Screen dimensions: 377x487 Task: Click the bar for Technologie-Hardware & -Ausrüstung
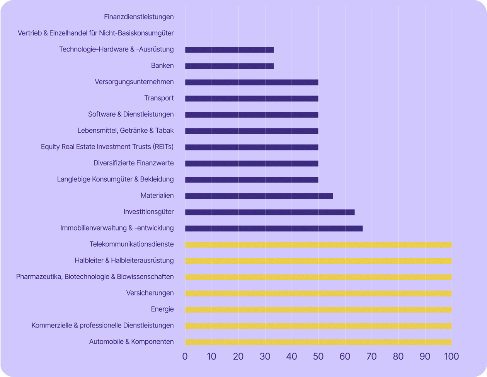point(229,50)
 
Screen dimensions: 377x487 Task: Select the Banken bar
point(229,66)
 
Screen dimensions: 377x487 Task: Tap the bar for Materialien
point(259,196)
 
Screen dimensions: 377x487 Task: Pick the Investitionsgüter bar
point(270,212)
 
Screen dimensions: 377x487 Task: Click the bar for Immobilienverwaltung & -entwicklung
point(274,229)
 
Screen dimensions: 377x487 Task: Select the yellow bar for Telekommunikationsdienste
point(318,245)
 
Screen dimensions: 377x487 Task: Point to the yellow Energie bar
point(318,310)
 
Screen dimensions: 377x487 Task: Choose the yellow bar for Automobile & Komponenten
point(318,342)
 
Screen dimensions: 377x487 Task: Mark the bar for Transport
point(252,99)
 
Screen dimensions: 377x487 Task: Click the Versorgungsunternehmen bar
point(252,82)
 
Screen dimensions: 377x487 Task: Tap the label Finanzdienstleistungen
point(139,17)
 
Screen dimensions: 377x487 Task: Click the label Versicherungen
point(150,293)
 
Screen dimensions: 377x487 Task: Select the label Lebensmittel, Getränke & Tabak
point(125,130)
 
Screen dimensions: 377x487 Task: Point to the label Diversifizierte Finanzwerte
point(133,163)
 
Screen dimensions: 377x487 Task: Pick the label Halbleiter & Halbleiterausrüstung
point(124,260)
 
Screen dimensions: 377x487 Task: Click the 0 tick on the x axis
point(185,356)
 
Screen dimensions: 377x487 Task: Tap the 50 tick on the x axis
point(318,356)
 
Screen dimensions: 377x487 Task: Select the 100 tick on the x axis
point(451,356)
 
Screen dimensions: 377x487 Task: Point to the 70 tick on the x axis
point(371,356)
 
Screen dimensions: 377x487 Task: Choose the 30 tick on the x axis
point(265,356)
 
